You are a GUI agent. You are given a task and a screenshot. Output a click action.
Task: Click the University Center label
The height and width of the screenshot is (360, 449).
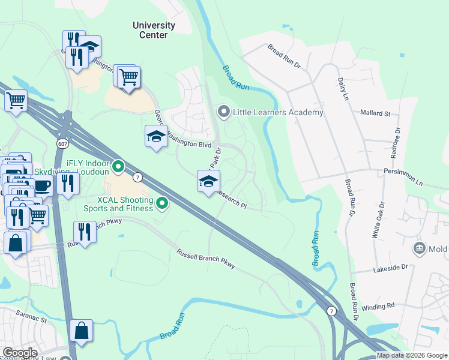click(154, 30)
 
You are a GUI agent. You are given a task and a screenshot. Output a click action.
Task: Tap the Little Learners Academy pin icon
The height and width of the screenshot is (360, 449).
click(224, 112)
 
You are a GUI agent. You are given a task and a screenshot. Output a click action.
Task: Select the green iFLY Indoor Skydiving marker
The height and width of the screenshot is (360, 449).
click(118, 165)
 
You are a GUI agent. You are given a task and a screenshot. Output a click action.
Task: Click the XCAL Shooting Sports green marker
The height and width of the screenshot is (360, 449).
click(161, 205)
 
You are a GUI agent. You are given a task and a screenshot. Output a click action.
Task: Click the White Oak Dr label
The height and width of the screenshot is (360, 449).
click(376, 224)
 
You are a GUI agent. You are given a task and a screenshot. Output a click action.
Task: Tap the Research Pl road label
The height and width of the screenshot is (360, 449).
click(231, 200)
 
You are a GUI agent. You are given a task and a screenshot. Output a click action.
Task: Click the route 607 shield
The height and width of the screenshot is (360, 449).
click(62, 144)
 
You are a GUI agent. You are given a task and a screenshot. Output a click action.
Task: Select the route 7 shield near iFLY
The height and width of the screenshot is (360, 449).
click(137, 177)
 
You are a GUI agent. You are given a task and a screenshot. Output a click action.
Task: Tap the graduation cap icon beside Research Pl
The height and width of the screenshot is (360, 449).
click(208, 181)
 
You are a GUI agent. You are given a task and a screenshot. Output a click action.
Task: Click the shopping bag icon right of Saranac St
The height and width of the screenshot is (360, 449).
click(81, 331)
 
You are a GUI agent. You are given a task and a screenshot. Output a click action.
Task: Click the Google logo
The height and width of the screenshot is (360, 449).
click(20, 353)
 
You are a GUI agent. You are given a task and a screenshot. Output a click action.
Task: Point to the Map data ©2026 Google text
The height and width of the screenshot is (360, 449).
click(412, 355)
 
